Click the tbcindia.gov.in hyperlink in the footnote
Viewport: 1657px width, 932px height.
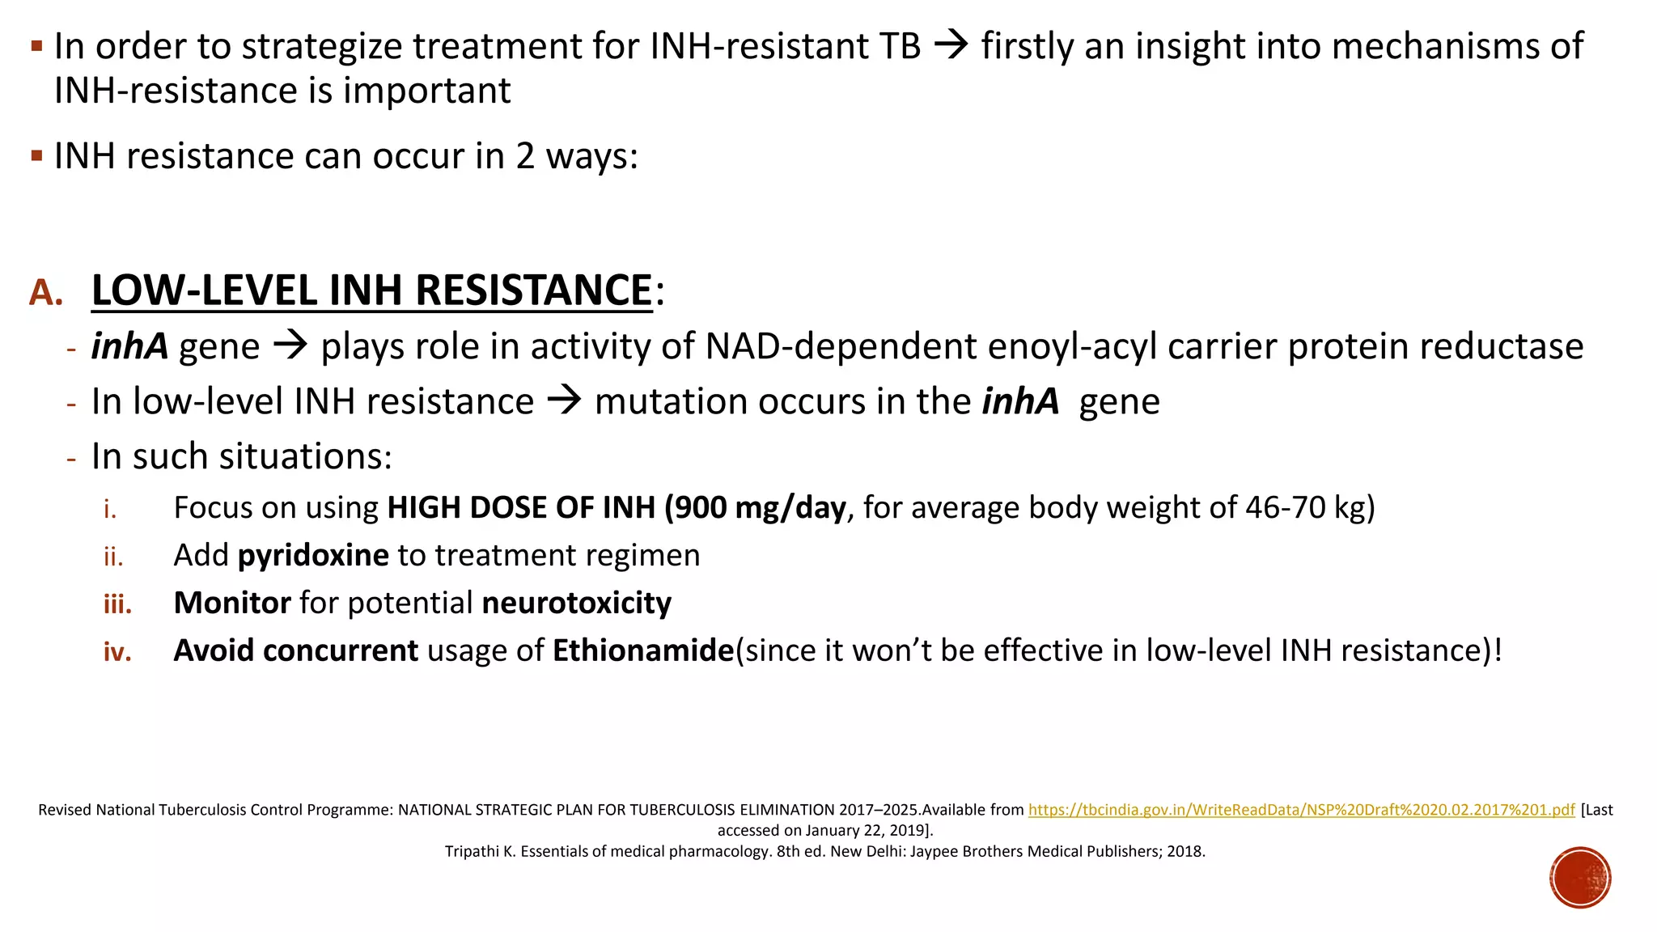[x=1301, y=810]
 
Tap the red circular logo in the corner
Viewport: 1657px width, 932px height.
[x=1580, y=878]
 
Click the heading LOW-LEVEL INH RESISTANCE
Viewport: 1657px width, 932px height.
[x=371, y=290]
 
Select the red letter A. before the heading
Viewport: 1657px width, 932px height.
[x=46, y=293]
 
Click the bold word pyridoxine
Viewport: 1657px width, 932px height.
[x=313, y=556]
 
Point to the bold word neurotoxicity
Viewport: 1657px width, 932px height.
[x=576, y=604]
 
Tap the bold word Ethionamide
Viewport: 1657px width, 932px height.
[x=643, y=651]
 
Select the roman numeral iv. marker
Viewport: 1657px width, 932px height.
[x=117, y=652]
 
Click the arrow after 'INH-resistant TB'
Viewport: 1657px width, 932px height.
[x=951, y=45]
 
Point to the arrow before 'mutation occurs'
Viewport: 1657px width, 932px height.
[x=564, y=401]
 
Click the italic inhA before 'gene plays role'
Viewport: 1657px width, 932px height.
[x=129, y=347]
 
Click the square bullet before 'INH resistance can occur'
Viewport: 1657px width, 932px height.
[x=36, y=155]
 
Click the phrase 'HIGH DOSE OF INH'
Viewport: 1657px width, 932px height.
[x=521, y=508]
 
